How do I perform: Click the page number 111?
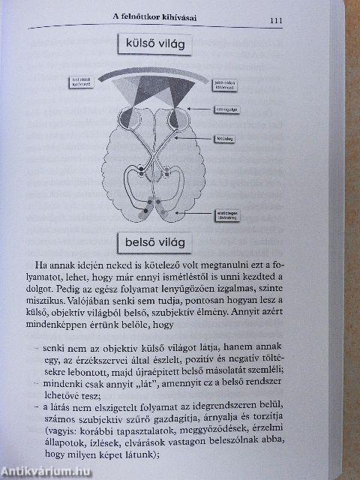(271, 20)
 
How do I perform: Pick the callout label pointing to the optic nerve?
(224, 139)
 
